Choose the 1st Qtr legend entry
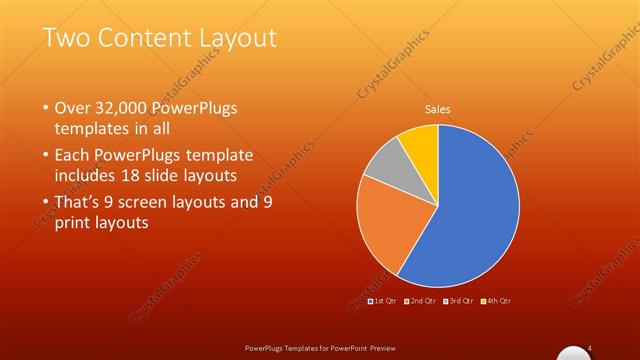click(x=384, y=300)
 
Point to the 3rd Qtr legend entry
click(x=459, y=300)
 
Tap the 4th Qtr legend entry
click(x=496, y=300)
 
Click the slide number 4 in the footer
click(x=590, y=347)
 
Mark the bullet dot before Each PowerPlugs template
click(x=46, y=156)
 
